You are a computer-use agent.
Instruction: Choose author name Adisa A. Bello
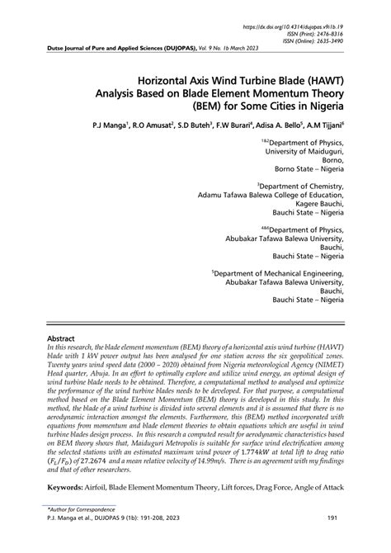271,130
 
